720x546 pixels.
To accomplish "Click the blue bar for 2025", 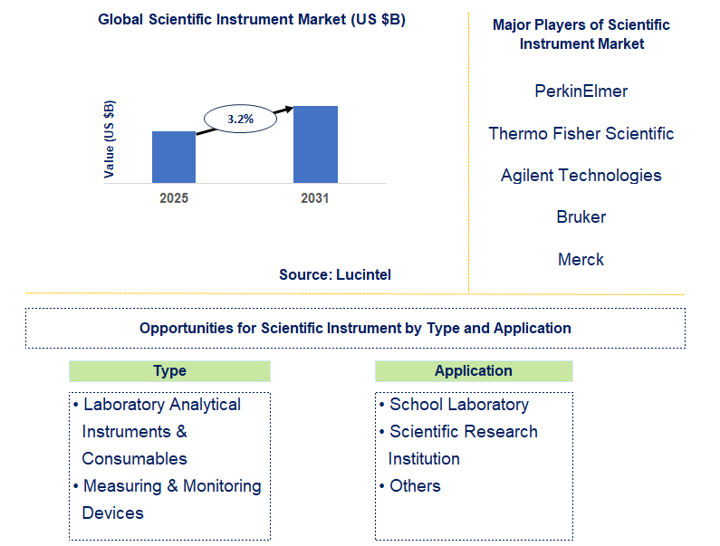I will (x=173, y=157).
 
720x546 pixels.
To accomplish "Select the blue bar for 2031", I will (x=315, y=144).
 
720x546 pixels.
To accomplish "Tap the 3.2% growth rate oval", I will (x=240, y=119).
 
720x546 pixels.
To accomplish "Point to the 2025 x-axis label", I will (x=173, y=198).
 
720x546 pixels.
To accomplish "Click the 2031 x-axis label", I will (x=315, y=198).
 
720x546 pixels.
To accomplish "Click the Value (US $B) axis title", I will (x=110, y=138).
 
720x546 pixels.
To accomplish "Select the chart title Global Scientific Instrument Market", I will (x=252, y=20).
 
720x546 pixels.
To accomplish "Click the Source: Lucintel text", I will (x=335, y=274).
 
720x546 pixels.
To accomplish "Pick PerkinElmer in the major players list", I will (x=581, y=91).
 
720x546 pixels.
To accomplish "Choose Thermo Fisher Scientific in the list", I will (x=581, y=134).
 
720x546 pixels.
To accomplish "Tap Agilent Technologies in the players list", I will (x=581, y=176).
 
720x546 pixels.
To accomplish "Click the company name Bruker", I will (x=581, y=217).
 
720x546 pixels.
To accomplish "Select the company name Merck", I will (x=581, y=260).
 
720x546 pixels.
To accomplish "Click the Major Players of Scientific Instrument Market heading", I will (x=581, y=34).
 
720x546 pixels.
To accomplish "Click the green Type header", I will (x=169, y=370).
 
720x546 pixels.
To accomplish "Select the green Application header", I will (x=474, y=370).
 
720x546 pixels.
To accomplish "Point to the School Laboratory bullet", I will (x=458, y=405).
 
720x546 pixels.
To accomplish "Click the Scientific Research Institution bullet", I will (x=463, y=445).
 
